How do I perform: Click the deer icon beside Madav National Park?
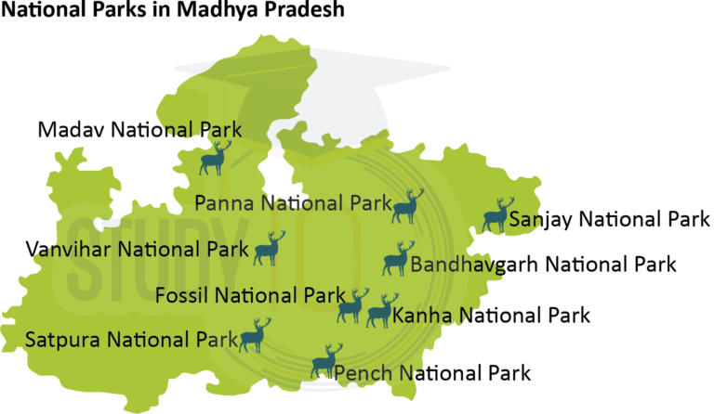coord(214,160)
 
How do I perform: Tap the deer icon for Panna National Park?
coord(406,207)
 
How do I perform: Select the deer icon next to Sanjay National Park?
coord(497,215)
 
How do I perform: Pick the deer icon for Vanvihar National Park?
coord(268,249)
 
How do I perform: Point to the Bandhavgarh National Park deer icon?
coord(396,260)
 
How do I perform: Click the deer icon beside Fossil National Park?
coord(351,306)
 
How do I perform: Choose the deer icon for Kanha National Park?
coord(380,311)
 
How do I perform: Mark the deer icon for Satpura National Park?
coord(253,336)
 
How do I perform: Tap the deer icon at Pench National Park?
coord(325,362)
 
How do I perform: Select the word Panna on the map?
coord(226,202)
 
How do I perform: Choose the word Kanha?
coord(422,317)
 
